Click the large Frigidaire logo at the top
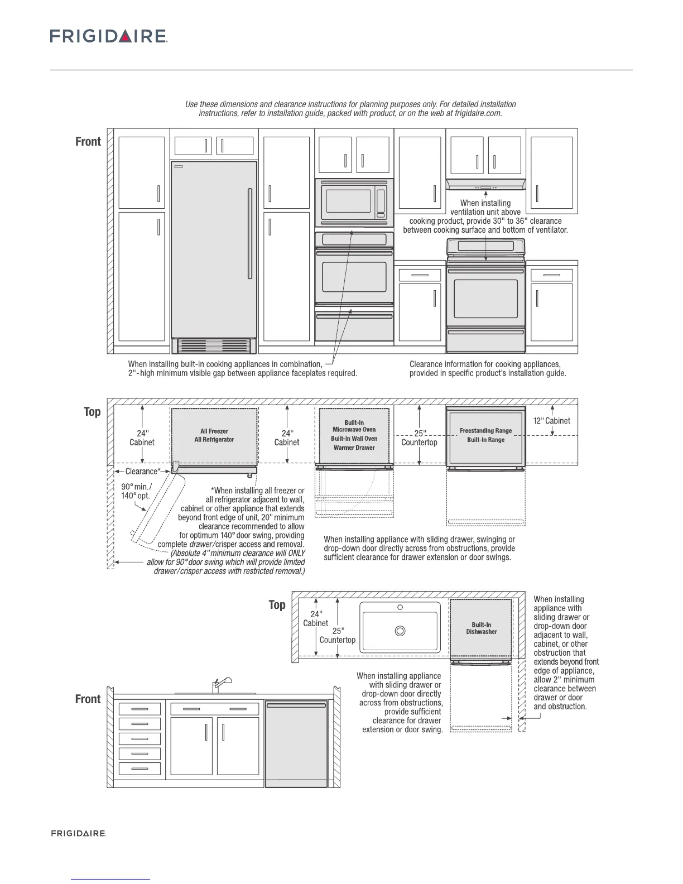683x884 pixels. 109,36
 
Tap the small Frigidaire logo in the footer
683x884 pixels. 78,833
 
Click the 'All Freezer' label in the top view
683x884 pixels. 214,431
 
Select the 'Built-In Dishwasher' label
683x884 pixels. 481,628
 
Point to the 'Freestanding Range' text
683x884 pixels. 485,431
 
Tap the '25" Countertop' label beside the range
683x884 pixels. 420,438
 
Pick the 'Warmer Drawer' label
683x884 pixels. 354,448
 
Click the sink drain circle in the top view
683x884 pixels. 400,631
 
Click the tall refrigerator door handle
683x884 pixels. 250,233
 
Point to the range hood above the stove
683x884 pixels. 485,185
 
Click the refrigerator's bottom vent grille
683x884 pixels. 214,346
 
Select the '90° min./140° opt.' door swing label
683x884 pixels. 136,491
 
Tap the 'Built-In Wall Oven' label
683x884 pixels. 354,439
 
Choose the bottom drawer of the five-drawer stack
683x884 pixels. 140,769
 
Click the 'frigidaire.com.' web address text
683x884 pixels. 478,113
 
